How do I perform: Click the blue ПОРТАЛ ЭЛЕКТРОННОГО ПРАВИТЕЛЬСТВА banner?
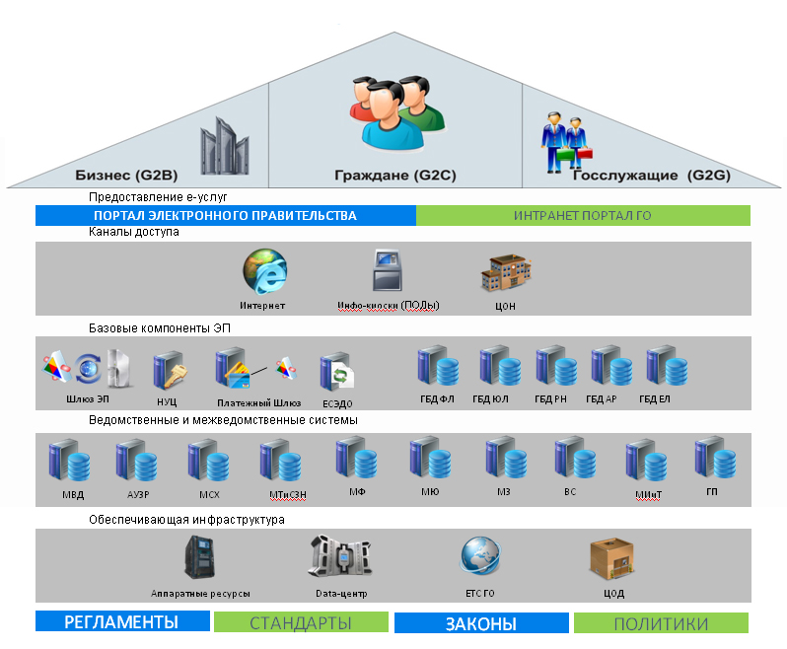pyautogui.click(x=225, y=215)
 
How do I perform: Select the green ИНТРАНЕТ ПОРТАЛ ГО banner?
pyautogui.click(x=582, y=215)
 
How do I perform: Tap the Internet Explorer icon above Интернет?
pyautogui.click(x=263, y=272)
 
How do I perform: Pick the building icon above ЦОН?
pyautogui.click(x=505, y=273)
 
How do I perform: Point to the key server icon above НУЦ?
pyautogui.click(x=166, y=372)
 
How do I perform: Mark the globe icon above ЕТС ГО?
pyautogui.click(x=480, y=557)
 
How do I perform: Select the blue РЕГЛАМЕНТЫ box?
pyautogui.click(x=122, y=622)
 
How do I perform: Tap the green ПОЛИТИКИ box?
pyautogui.click(x=661, y=623)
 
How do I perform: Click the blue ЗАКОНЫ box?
pyautogui.click(x=481, y=623)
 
